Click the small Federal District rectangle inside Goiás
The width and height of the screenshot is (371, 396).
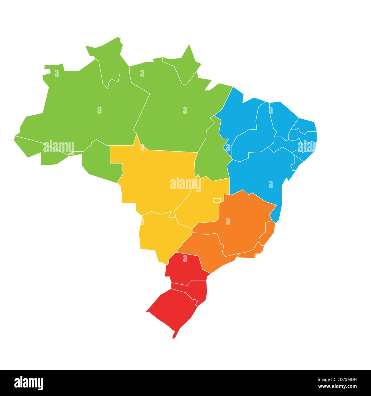tap(217, 200)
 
